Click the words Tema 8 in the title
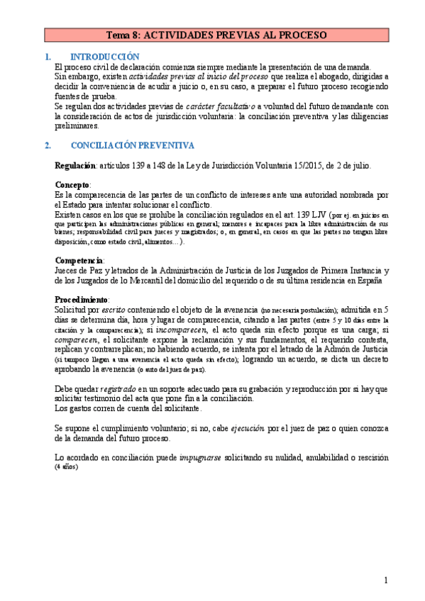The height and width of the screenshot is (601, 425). [123, 34]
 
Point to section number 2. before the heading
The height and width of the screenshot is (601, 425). [48, 145]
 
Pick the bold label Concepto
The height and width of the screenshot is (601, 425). [72, 184]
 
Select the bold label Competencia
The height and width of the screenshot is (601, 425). [78, 260]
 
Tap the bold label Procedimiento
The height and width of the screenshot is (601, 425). [82, 299]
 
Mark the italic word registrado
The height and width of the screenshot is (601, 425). [118, 388]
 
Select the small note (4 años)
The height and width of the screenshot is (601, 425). [66, 468]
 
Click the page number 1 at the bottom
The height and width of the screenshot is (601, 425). [386, 580]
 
